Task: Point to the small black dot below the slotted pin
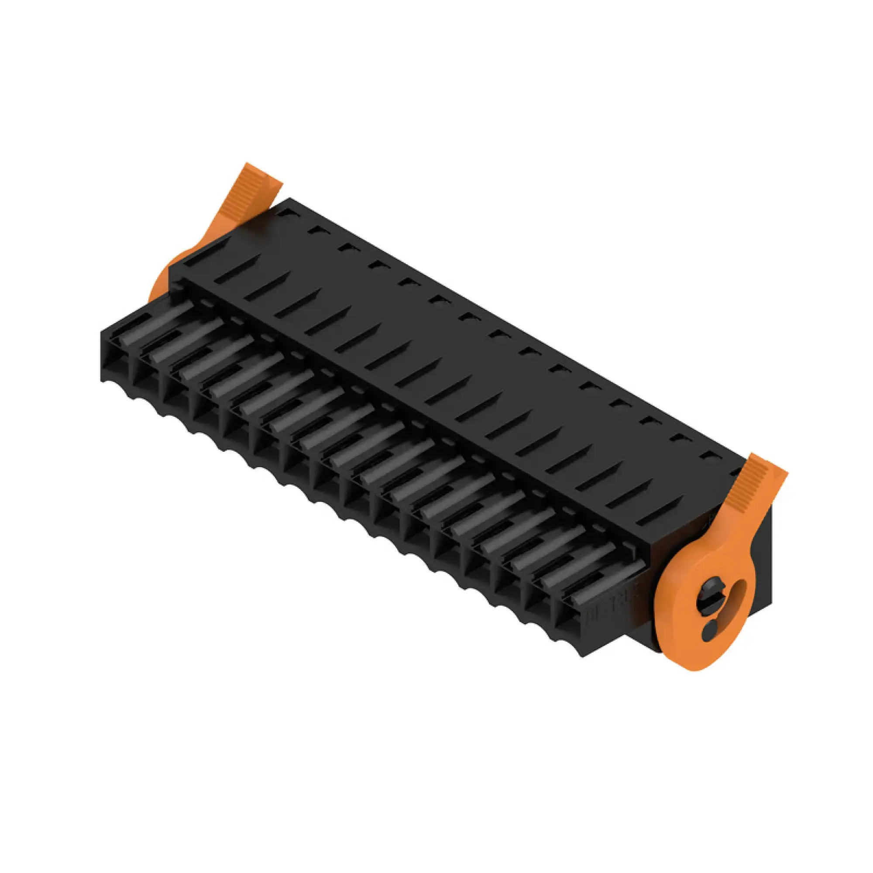point(710,627)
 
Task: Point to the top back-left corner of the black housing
point(289,199)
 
